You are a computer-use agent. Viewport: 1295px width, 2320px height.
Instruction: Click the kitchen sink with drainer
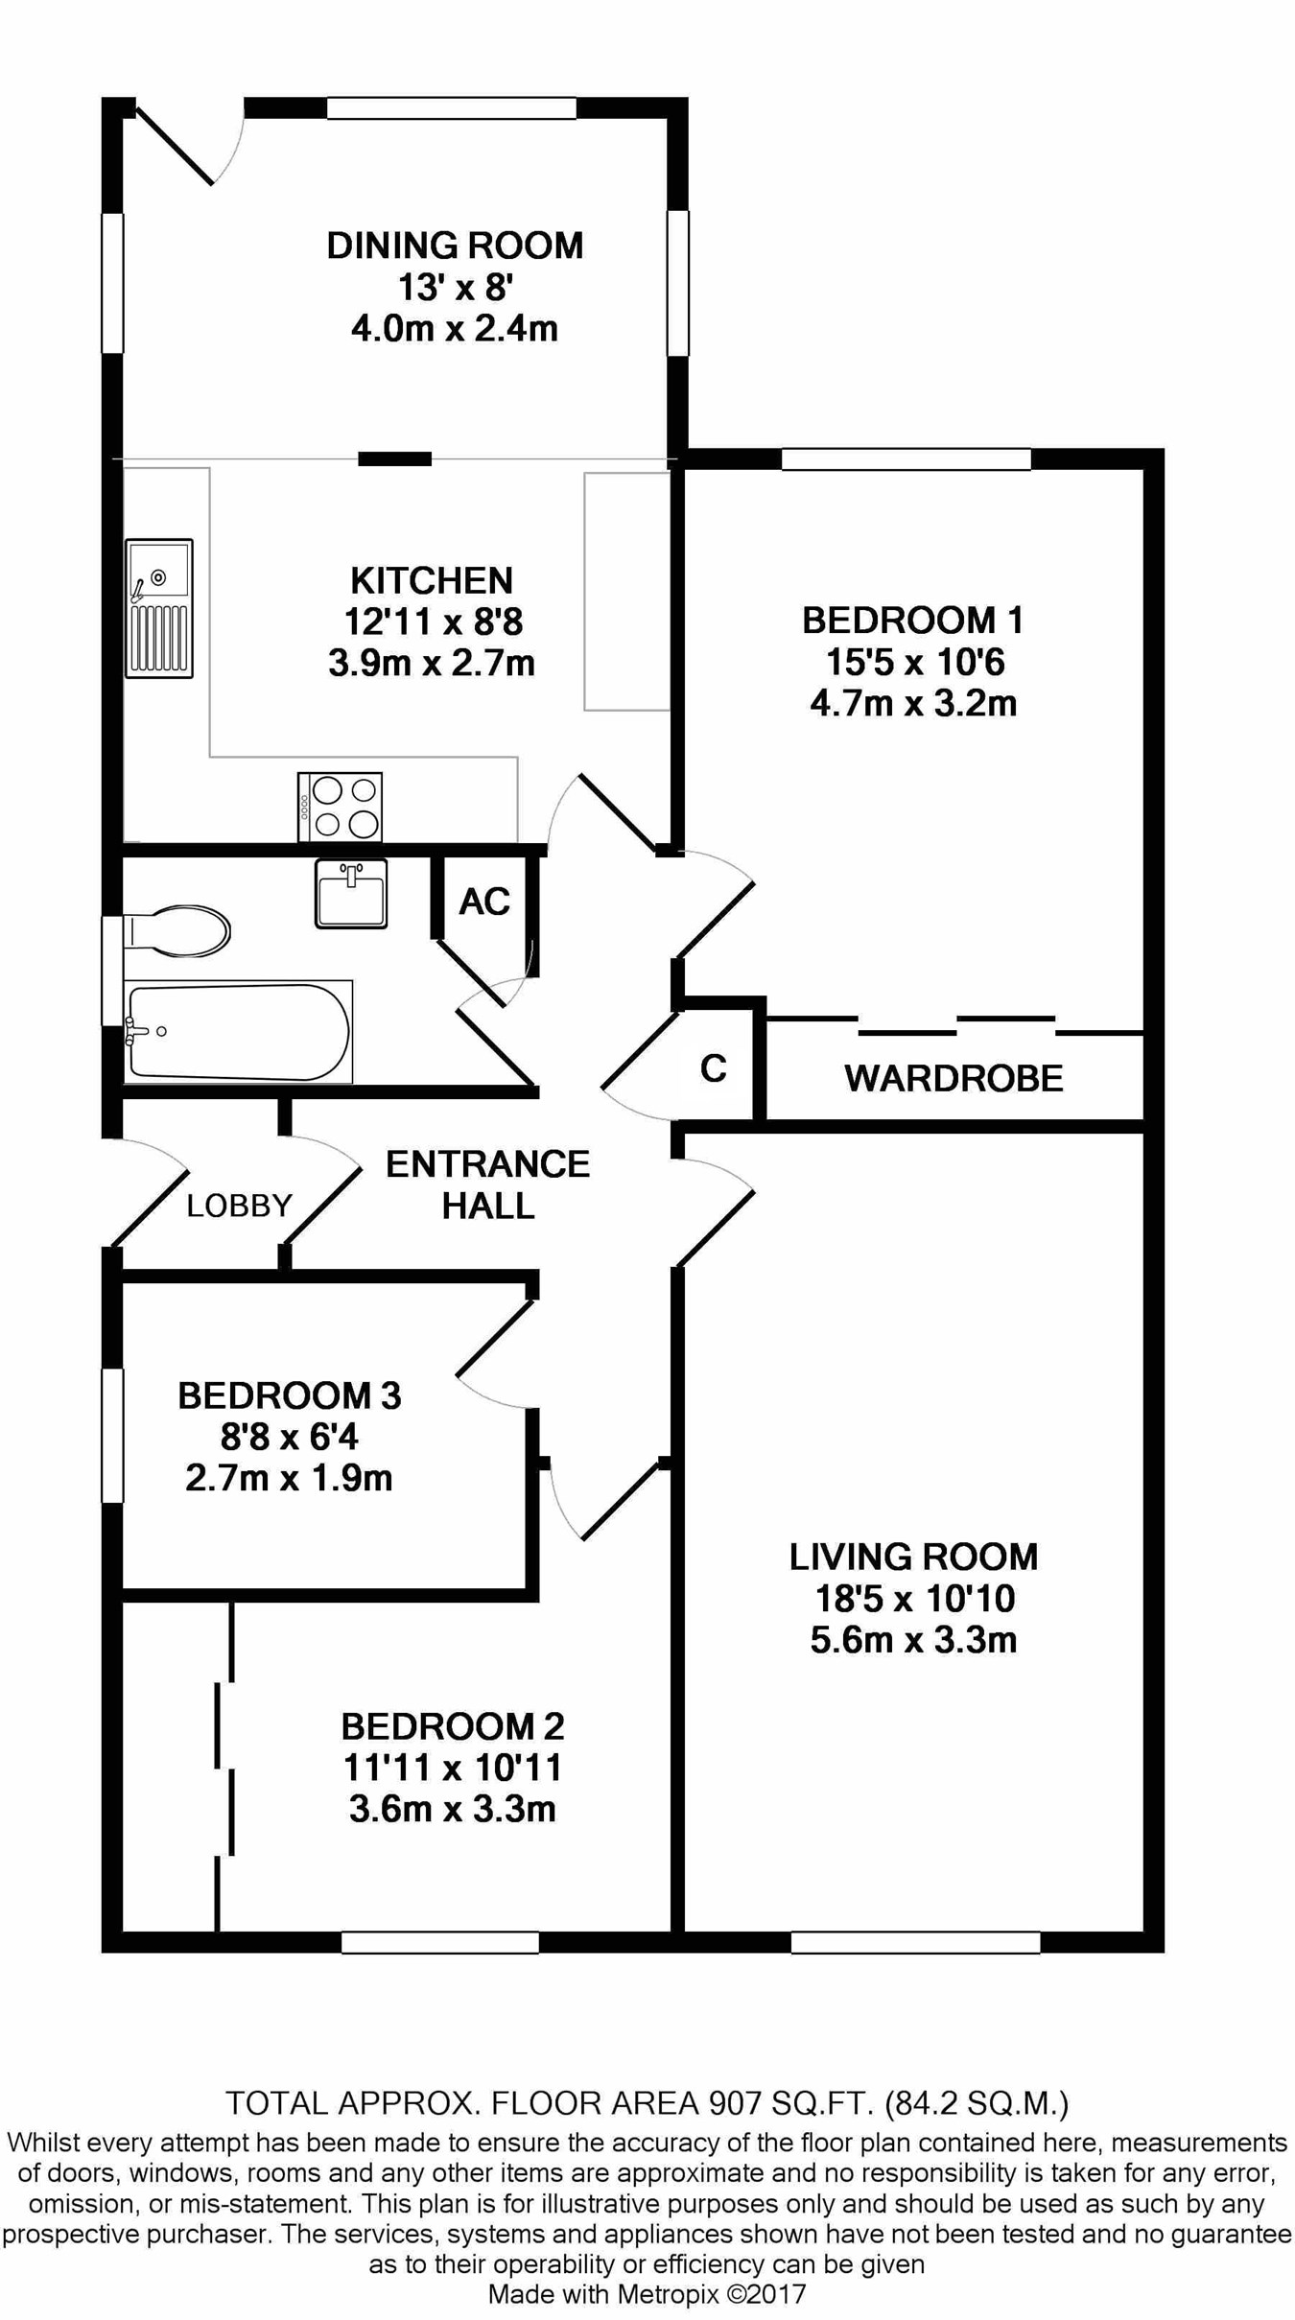tap(159, 608)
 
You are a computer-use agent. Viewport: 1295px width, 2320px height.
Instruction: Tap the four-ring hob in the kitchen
tap(341, 807)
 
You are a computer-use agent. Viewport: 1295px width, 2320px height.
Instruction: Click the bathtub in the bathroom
tap(239, 1032)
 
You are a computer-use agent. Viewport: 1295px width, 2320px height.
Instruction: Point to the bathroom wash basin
tap(351, 893)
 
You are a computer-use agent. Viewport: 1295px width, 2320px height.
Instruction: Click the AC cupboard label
tap(484, 902)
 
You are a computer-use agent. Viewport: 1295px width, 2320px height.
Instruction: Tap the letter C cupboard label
tap(714, 1067)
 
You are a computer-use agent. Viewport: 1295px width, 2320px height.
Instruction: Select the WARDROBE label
tap(954, 1079)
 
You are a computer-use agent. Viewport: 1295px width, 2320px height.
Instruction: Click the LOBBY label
tap(239, 1206)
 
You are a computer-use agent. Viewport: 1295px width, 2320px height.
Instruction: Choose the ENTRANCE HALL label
tap(487, 1184)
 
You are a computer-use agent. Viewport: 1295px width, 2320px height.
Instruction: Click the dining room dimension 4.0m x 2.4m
tap(455, 329)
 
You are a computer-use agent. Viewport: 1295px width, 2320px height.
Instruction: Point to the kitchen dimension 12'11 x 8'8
tap(434, 622)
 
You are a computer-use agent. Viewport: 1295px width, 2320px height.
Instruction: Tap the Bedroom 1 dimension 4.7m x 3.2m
tap(913, 704)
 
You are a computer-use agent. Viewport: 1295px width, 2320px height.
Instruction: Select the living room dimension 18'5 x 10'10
tap(914, 1599)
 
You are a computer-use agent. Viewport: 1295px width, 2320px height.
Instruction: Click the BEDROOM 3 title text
tap(290, 1395)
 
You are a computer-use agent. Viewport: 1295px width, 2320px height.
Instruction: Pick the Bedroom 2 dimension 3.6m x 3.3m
tap(453, 1810)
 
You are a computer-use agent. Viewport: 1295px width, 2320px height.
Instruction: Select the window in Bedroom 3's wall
tap(113, 1435)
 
